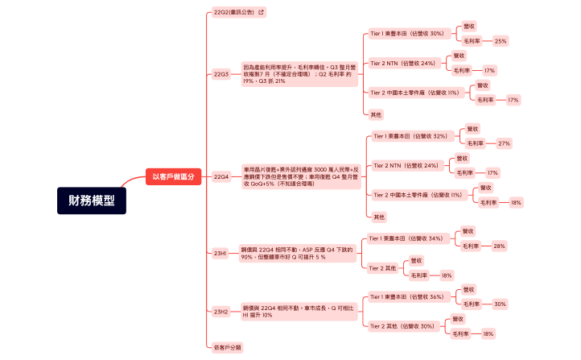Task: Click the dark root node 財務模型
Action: pyautogui.click(x=91, y=201)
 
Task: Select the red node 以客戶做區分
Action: pyautogui.click(x=174, y=176)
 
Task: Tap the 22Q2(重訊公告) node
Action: pyautogui.click(x=233, y=12)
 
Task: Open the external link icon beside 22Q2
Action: pyautogui.click(x=261, y=12)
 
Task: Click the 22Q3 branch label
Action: pyautogui.click(x=221, y=74)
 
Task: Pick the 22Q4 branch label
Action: pyautogui.click(x=221, y=176)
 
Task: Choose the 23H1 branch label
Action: pyautogui.click(x=220, y=253)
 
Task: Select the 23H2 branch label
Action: pyautogui.click(x=221, y=311)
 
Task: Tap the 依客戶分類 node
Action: pyautogui.click(x=228, y=347)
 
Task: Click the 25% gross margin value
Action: pyautogui.click(x=501, y=41)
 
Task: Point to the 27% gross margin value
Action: pyautogui.click(x=504, y=143)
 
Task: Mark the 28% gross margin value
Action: pyautogui.click(x=499, y=246)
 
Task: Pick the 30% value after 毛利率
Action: pyautogui.click(x=500, y=304)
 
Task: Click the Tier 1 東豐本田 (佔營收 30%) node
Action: pyautogui.click(x=407, y=34)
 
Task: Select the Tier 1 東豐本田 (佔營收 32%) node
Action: pyautogui.click(x=410, y=136)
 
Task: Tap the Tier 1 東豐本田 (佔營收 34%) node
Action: pyautogui.click(x=406, y=238)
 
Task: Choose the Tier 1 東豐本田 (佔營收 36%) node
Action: pyautogui.click(x=406, y=296)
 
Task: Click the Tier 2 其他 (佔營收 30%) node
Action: pyautogui.click(x=402, y=326)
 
